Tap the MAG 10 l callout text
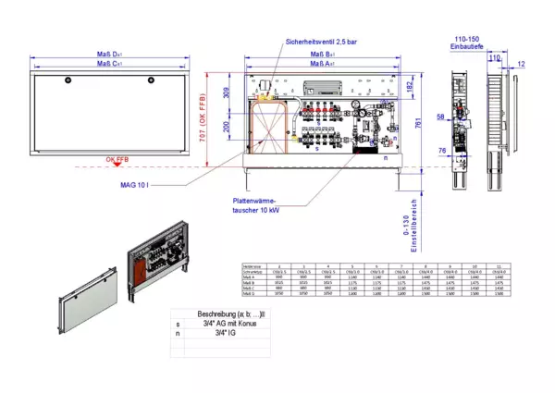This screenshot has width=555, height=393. click(x=134, y=185)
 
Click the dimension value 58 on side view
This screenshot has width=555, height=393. click(x=440, y=117)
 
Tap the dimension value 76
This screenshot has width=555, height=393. click(x=442, y=152)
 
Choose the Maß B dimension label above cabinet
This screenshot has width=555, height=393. click(x=323, y=56)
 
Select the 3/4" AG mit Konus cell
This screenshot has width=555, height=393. click(x=224, y=325)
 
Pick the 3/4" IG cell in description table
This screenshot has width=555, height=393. click(x=224, y=334)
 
